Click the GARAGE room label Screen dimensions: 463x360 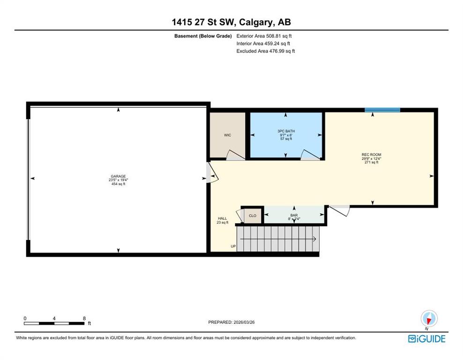tap(118, 176)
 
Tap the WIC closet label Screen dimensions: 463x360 tap(227, 135)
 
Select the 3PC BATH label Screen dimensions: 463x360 tap(286, 131)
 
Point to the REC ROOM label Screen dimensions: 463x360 tap(371, 155)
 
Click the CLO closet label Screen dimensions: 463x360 tap(253, 216)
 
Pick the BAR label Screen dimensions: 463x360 tap(294, 215)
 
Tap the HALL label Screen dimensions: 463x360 tap(222, 218)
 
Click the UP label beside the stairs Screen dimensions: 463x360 tap(233, 246)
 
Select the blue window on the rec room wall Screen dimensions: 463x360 tap(382, 110)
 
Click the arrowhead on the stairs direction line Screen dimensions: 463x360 tap(315, 239)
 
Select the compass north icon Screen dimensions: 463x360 tap(429, 319)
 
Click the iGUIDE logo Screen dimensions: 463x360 tap(426, 339)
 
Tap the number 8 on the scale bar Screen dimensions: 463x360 tap(84, 318)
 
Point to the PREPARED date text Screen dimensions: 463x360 tap(231, 322)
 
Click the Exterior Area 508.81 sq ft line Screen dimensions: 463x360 tap(264, 36)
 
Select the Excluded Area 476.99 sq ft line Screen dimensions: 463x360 tap(265, 51)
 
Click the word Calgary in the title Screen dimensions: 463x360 tap(256, 22)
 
